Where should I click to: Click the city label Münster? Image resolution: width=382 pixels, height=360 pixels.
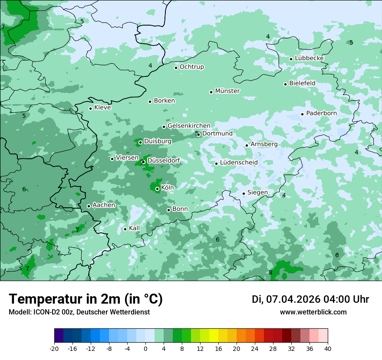coord(227,91)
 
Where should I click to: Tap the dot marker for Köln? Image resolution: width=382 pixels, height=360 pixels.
coord(157,189)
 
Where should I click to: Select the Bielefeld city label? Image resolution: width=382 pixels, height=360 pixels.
coord(302,83)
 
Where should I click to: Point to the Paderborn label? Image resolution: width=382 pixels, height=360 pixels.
coord(321,113)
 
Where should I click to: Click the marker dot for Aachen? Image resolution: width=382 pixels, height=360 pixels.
coord(89,206)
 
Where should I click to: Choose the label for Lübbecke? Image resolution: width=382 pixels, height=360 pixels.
coord(309,58)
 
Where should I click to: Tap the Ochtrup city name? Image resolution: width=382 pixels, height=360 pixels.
coord(191,67)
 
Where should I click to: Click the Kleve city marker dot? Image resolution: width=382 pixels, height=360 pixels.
coord(90,108)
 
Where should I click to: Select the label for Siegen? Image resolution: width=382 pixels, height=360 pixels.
coord(257,193)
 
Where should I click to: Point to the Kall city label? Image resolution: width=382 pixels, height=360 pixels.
coord(134,228)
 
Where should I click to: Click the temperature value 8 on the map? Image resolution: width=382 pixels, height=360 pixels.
coord(270,272)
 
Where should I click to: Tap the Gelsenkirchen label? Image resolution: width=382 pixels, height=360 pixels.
coord(189,126)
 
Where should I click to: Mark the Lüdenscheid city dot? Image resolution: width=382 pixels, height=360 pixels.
coord(216,164)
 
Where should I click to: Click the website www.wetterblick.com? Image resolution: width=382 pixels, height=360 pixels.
coord(313,312)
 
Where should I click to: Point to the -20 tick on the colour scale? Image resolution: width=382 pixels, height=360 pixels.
coord(54,349)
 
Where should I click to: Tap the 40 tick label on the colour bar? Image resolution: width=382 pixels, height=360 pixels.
coord(327,349)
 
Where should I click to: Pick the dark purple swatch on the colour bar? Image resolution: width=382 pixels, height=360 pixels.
coord(59,336)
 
